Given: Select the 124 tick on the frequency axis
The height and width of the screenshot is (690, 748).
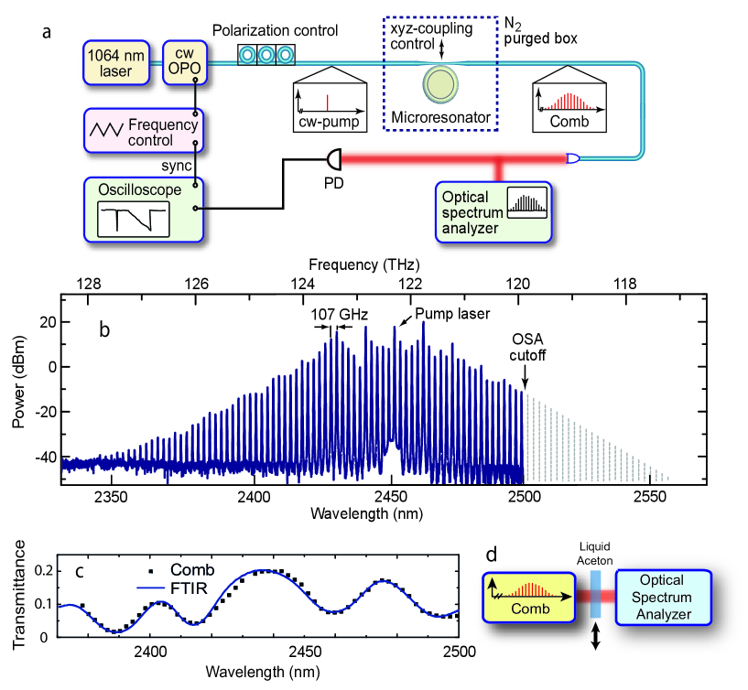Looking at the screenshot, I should [304, 284].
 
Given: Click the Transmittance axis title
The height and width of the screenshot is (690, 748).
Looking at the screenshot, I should [19, 596].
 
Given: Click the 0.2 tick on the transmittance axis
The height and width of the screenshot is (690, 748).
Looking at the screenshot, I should [42, 569].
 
